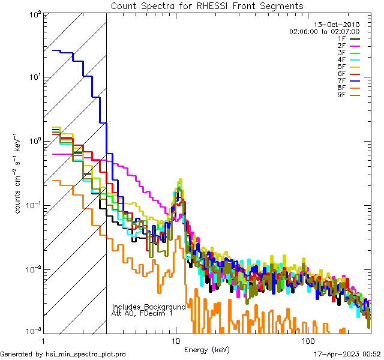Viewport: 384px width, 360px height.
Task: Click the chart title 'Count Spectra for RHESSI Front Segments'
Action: pos(207,5)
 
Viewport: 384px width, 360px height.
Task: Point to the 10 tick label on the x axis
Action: pos(176,341)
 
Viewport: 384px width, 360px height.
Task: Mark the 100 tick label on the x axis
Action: pos(308,341)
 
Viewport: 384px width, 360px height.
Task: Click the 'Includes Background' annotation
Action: pos(149,307)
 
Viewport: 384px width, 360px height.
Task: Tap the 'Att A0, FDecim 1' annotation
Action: pos(142,313)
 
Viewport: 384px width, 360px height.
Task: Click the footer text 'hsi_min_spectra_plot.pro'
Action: pos(86,355)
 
